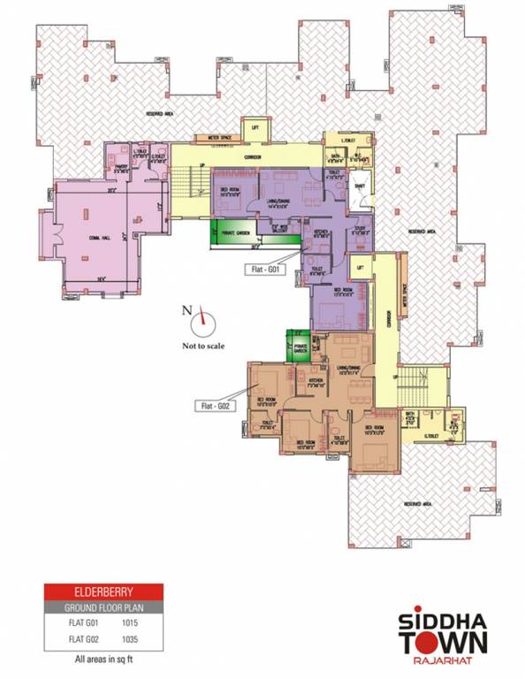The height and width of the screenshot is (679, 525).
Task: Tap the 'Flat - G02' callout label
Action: point(212,405)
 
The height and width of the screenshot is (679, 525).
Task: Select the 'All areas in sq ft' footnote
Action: point(103,658)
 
